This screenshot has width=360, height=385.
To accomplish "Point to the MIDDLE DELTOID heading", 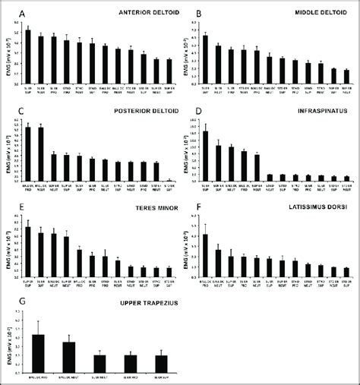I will pos(314,14).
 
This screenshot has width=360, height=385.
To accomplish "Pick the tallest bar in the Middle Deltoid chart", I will pos(205,58).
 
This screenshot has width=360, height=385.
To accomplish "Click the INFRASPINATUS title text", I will pos(317,111).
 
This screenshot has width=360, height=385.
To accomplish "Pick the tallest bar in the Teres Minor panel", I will pos(28,251).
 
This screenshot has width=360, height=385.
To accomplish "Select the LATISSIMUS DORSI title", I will pos(312,206).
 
